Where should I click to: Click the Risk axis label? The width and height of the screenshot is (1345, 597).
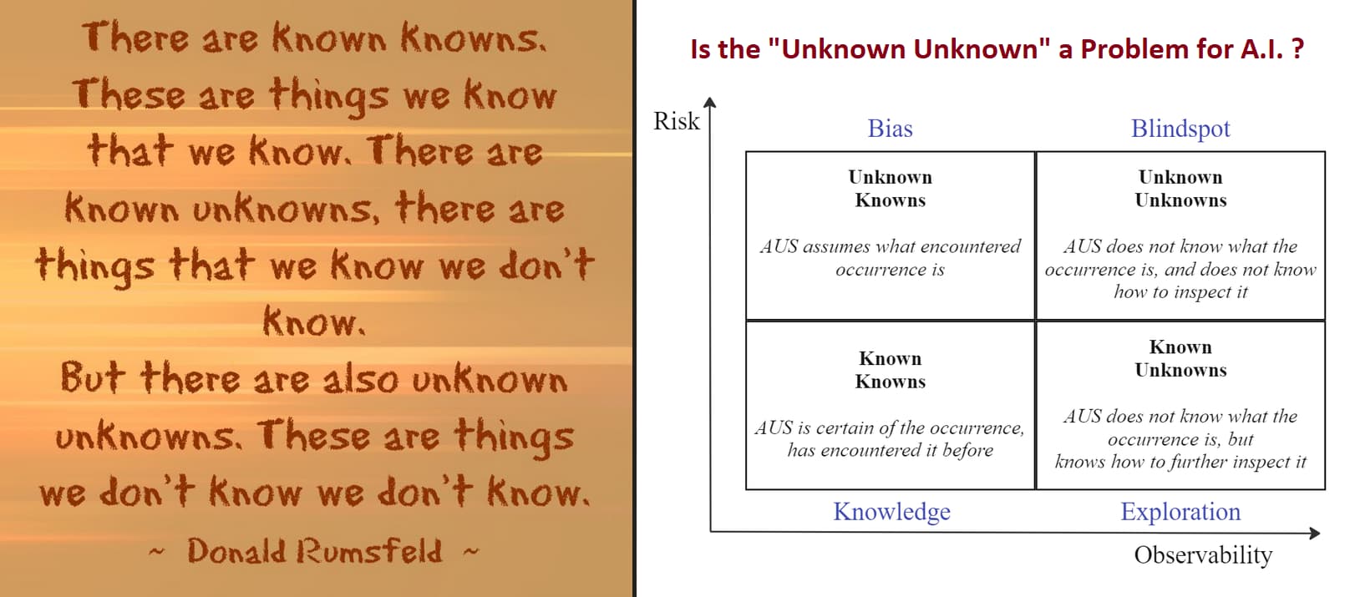click(x=676, y=121)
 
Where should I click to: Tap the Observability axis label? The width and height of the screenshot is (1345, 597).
click(x=1203, y=555)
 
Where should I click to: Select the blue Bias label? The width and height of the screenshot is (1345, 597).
click(x=890, y=129)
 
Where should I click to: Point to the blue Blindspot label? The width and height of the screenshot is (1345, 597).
click(x=1180, y=129)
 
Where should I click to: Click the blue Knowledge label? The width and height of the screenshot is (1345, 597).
click(x=891, y=512)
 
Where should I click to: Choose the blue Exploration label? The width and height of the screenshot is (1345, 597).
click(x=1180, y=512)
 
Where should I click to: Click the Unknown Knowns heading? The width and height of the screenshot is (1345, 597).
click(x=890, y=189)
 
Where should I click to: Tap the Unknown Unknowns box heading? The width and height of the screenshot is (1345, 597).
click(x=1180, y=189)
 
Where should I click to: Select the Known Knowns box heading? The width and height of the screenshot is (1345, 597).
click(x=890, y=370)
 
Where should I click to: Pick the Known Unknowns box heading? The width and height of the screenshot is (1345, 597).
click(x=1180, y=358)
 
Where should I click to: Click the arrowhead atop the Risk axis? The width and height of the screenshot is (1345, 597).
click(x=710, y=102)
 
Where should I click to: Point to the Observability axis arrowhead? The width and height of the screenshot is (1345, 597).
click(x=1314, y=533)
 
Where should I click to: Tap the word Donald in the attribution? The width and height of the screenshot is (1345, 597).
click(x=236, y=551)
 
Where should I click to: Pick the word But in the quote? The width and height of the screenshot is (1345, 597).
click(x=93, y=377)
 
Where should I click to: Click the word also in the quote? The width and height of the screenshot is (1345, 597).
click(x=360, y=380)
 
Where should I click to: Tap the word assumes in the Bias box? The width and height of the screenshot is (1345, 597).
click(x=834, y=246)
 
